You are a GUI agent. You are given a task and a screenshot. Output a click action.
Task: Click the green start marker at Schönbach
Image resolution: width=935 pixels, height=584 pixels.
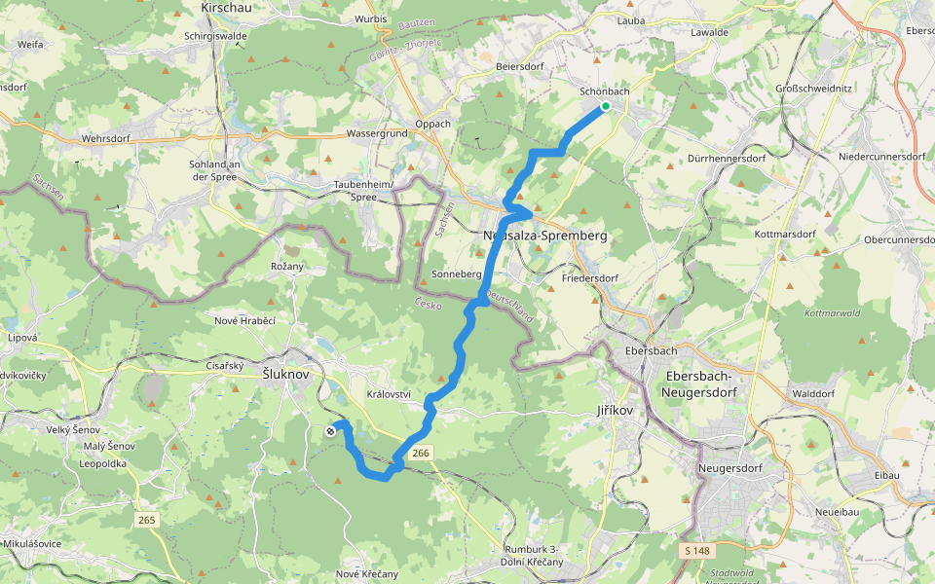(606, 106)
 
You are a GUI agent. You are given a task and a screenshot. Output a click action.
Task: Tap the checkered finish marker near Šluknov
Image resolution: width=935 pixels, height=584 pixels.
(331, 431)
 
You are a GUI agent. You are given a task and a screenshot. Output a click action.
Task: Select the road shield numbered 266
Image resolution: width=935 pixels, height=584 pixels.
(421, 454)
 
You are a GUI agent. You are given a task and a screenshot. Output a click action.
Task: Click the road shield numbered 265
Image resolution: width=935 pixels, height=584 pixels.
(146, 521)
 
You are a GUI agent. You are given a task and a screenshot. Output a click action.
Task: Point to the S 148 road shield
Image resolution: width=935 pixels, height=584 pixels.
(693, 552)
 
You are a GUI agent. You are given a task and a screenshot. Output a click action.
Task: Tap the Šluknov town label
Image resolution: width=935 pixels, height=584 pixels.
(286, 374)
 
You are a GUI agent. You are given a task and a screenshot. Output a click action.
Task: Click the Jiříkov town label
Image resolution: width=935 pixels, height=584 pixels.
(614, 411)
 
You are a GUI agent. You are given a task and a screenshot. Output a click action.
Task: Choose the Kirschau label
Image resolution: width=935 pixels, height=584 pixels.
(225, 8)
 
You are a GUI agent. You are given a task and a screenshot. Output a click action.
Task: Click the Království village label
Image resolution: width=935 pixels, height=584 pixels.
(389, 394)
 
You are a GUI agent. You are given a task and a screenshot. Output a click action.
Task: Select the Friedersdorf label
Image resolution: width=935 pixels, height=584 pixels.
(590, 278)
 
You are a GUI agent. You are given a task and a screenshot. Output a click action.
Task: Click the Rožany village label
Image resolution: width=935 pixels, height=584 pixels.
(286, 266)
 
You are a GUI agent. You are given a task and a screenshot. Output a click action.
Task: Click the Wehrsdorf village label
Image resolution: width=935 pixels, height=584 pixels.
(106, 139)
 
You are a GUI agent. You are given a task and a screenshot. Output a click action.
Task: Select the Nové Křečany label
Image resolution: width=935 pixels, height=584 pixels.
(367, 574)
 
